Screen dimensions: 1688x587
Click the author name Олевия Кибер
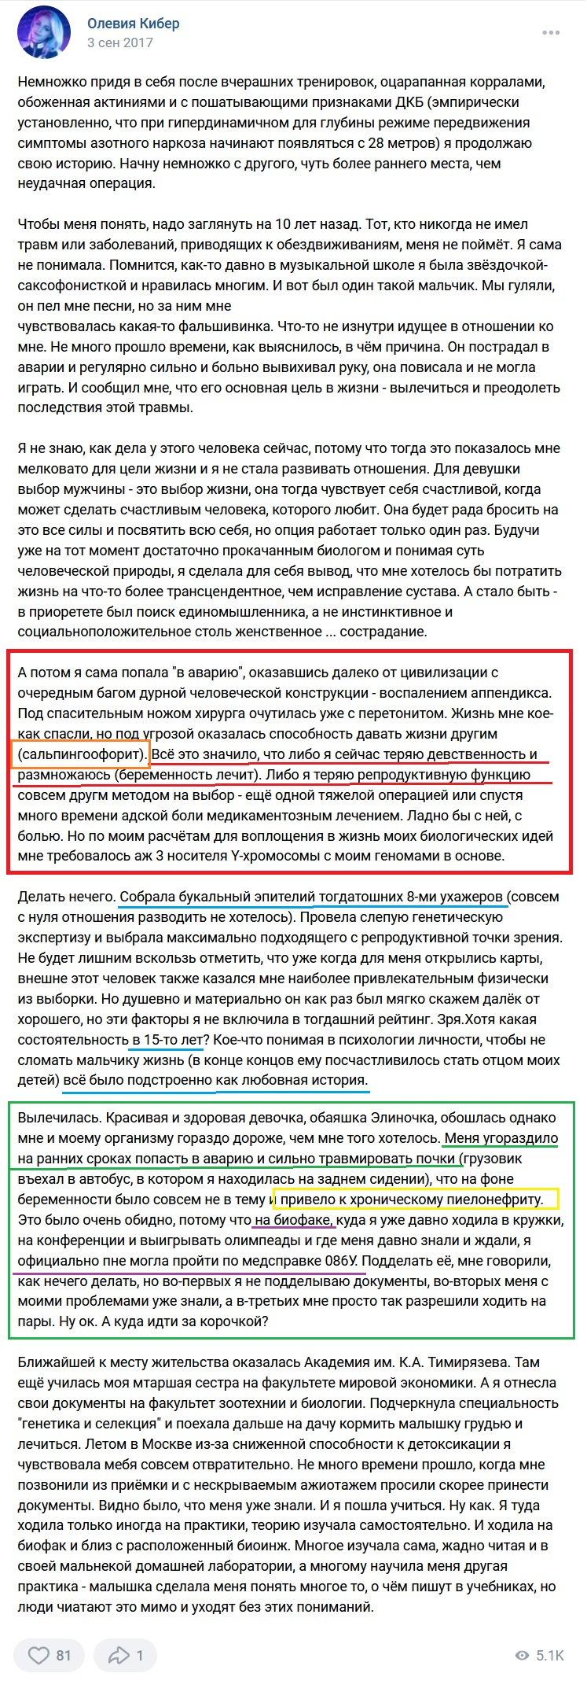click(133, 24)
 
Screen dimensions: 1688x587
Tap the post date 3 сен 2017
click(119, 43)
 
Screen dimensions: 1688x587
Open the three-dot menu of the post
click(551, 33)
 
